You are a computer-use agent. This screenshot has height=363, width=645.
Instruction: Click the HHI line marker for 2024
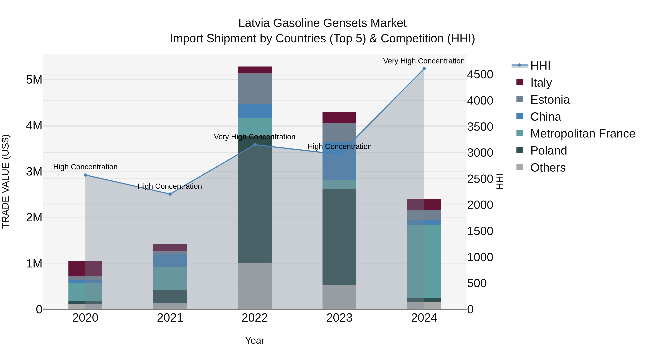[424, 69]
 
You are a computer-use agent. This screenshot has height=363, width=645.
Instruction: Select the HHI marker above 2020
[85, 175]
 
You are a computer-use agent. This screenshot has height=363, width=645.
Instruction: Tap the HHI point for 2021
[170, 194]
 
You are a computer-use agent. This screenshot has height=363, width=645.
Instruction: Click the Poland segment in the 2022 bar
[255, 200]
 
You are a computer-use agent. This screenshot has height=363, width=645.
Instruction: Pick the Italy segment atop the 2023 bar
[339, 117]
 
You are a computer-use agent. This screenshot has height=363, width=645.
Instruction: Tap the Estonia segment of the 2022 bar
[255, 88]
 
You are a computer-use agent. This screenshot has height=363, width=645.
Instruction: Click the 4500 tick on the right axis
[480, 75]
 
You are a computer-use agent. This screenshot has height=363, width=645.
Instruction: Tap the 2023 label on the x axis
[339, 318]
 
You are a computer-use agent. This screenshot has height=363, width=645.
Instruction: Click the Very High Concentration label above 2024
[424, 61]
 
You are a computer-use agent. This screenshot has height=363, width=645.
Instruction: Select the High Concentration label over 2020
[85, 167]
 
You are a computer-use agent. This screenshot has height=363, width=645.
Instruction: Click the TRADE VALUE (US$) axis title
[6, 181]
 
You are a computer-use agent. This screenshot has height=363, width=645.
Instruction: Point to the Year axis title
[255, 340]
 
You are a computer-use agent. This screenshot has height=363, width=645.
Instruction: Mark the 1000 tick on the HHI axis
[480, 257]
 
